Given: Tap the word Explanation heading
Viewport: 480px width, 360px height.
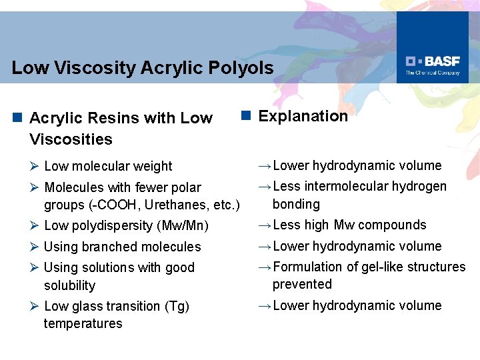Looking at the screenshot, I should tap(303, 116).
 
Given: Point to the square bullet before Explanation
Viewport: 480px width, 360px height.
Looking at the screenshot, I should tap(245, 116).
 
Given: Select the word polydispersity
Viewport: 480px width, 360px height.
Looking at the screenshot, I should tap(109, 226).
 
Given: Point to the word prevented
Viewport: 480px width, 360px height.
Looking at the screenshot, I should tap(302, 284).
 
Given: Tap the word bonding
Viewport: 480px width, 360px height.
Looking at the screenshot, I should tap(296, 204).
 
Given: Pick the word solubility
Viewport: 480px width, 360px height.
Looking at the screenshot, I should tap(70, 285).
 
